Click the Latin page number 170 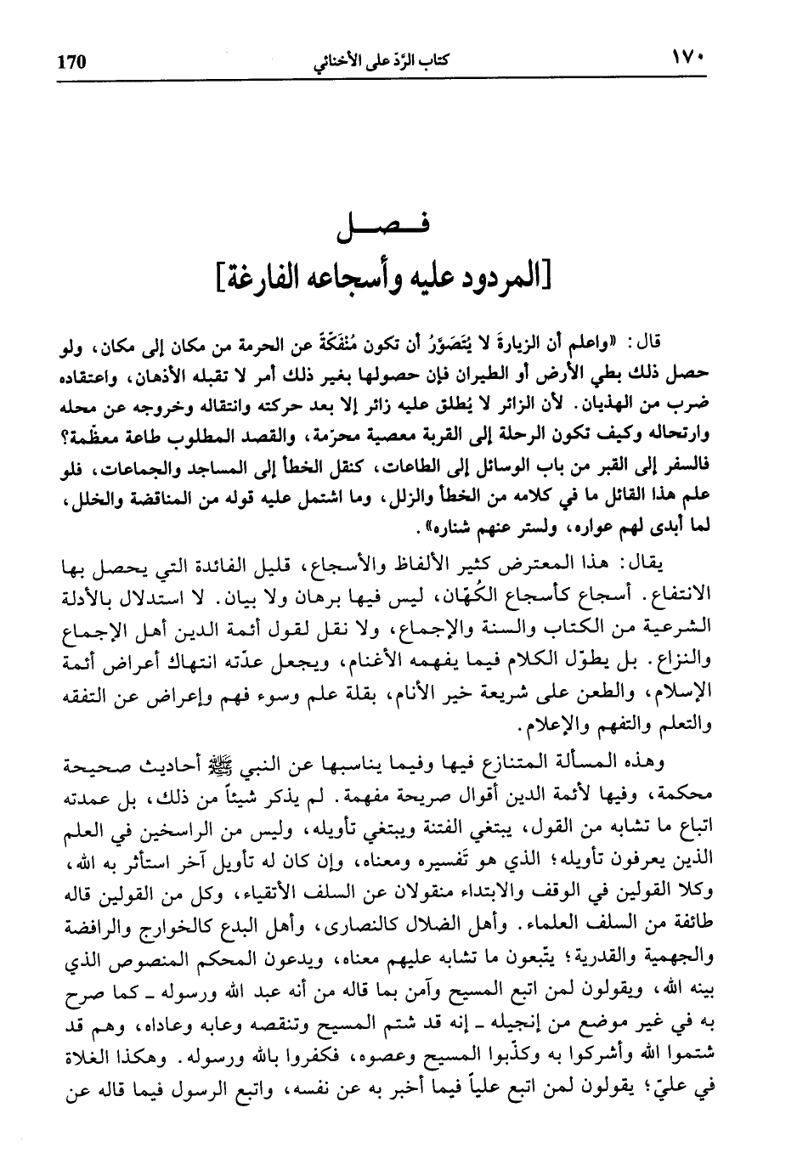[x=71, y=62]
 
